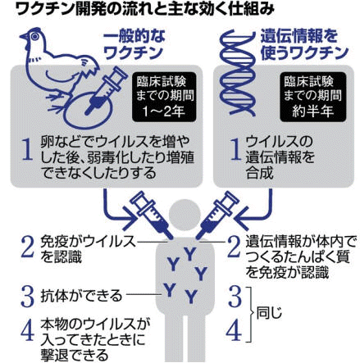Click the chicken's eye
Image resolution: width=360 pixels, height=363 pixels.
tap(34, 36)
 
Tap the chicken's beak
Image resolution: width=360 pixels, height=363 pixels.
tap(24, 37)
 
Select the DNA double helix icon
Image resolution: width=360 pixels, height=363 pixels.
tap(237, 73)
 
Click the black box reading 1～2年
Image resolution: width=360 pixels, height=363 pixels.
tap(164, 97)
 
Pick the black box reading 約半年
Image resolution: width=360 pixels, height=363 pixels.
tap(313, 97)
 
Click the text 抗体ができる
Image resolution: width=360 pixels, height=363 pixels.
tap(81, 296)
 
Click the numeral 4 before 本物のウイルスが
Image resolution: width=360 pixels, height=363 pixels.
tap(27, 332)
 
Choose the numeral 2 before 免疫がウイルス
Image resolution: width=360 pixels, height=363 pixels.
tap(27, 248)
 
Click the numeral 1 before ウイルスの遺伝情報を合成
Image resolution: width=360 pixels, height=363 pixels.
tap(235, 149)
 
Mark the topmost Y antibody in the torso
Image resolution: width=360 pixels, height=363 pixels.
tap(189, 254)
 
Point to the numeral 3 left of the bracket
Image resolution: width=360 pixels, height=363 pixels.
tap(235, 296)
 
